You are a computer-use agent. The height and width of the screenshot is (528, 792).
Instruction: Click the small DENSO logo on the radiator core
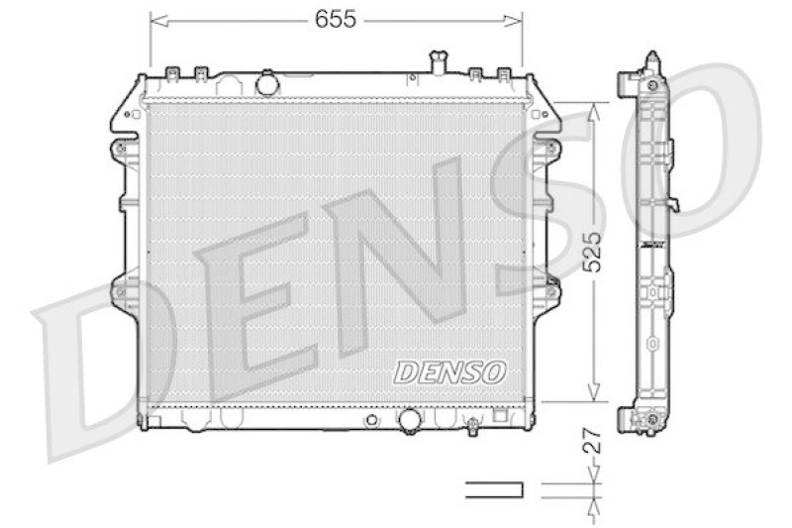[x=450, y=370]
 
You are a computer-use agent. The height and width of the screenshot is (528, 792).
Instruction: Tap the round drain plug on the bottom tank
[x=408, y=420]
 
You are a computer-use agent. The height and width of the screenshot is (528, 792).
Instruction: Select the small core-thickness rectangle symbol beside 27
[x=493, y=488]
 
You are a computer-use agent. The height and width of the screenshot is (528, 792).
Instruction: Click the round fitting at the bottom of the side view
[x=651, y=424]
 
